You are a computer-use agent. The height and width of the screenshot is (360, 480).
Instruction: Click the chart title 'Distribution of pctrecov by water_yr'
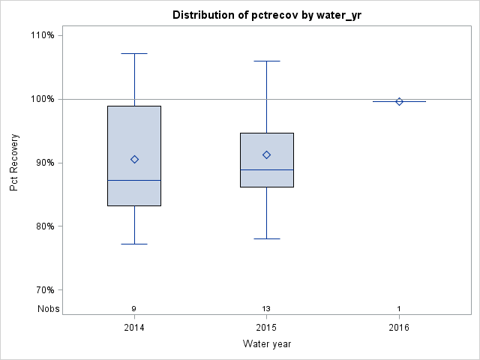(266, 15)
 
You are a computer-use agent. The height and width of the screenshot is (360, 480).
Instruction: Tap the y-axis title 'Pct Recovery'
(14, 163)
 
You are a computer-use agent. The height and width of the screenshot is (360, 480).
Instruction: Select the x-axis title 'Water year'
(266, 343)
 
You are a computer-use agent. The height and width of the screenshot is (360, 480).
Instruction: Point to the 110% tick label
(42, 35)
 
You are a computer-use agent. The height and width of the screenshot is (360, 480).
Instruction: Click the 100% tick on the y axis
(42, 99)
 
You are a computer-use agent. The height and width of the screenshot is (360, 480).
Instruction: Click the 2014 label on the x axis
(134, 327)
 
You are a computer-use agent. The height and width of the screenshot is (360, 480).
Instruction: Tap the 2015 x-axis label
(266, 327)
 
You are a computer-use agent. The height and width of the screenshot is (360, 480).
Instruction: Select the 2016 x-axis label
(399, 327)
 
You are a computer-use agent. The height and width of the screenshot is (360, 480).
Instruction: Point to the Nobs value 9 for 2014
(134, 308)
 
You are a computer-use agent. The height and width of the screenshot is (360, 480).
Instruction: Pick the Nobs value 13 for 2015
(266, 308)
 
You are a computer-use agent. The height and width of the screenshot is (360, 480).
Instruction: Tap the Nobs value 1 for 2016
(399, 308)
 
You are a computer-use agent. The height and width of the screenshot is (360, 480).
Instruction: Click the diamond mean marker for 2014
(134, 159)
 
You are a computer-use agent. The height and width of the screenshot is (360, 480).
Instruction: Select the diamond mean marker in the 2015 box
(266, 154)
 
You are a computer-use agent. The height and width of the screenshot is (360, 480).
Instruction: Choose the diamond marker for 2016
(399, 101)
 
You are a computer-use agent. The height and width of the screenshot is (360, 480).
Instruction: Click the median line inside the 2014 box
(134, 180)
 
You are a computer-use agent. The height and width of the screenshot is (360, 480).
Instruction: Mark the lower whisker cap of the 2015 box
(266, 238)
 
